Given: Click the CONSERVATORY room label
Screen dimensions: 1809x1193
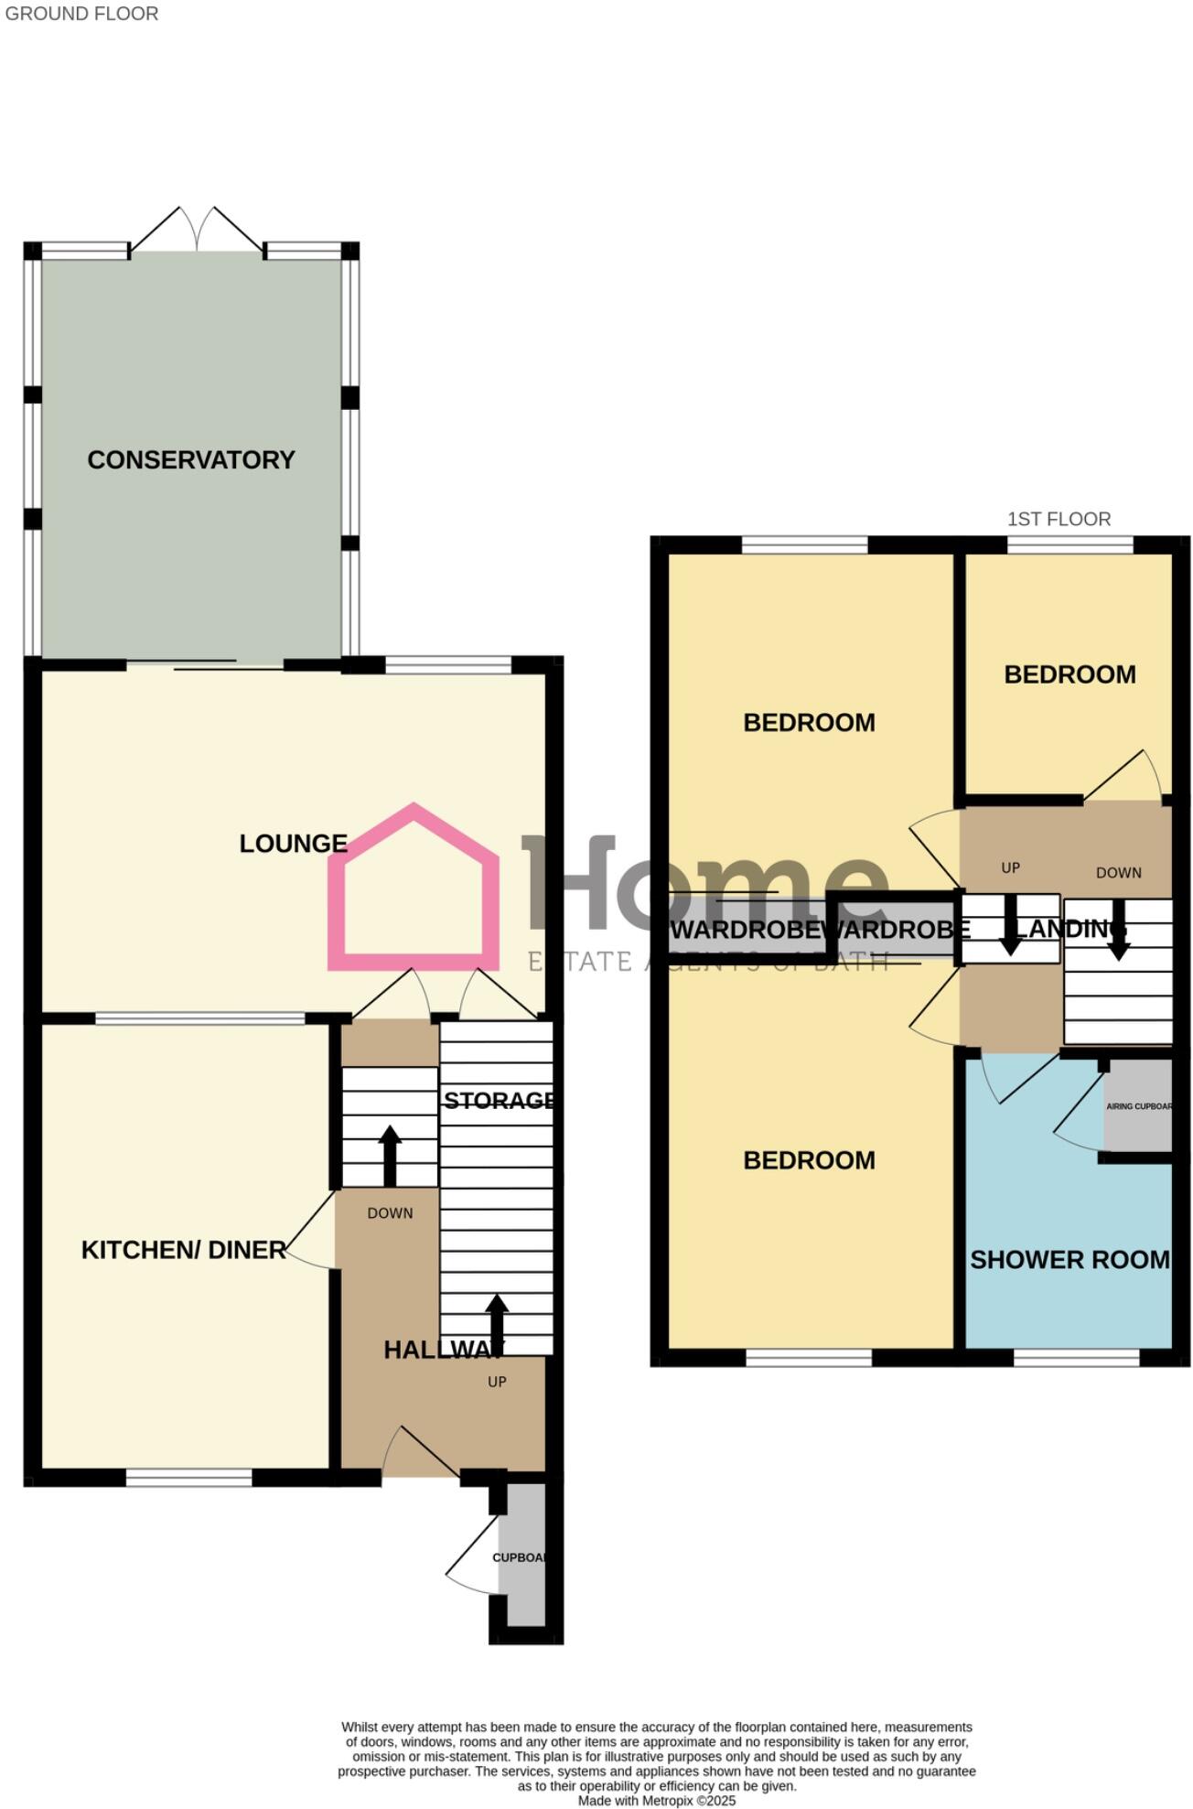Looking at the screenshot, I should tap(191, 459).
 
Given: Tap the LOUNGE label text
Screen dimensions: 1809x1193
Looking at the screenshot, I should tap(293, 844).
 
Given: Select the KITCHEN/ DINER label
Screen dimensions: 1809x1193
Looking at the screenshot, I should tap(183, 1250).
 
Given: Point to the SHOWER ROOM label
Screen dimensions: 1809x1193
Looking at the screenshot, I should tap(1069, 1260).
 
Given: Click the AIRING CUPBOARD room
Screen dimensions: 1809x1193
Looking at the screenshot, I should tap(1138, 1106).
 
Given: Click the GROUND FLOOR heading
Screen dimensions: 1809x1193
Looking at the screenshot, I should tap(81, 14).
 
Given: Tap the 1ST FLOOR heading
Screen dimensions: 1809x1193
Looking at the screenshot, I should tap(1059, 519).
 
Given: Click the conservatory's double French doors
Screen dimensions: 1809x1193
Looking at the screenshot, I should tap(197, 230).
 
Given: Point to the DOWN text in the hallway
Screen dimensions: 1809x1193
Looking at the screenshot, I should tap(390, 1213).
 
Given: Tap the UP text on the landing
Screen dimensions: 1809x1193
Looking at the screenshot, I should tap(1010, 867).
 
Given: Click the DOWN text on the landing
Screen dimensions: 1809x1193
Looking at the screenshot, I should tap(1118, 873).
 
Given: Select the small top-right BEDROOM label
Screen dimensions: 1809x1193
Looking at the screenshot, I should tap(1069, 674).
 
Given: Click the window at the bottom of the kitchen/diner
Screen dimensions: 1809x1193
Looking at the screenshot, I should tap(188, 1477).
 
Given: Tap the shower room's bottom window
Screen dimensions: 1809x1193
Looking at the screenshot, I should tap(1076, 1358).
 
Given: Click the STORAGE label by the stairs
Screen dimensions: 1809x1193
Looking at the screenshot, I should tap(499, 1100).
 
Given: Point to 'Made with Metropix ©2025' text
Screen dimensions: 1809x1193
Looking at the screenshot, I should tap(656, 1800).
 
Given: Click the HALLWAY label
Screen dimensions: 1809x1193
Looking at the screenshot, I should tap(443, 1350).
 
